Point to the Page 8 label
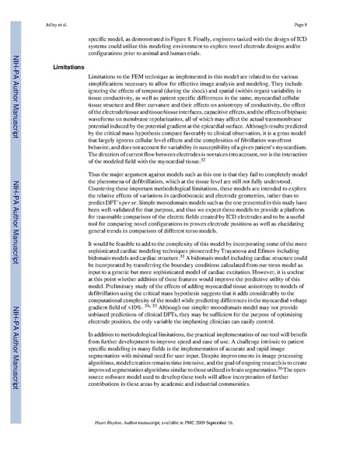click(x=328, y=14)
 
